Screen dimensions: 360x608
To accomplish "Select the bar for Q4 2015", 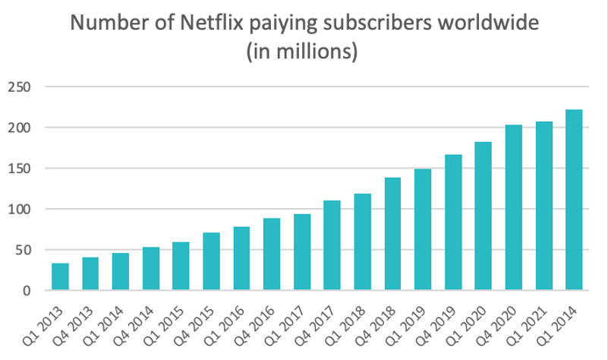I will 211,262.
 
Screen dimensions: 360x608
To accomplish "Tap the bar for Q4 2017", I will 332,245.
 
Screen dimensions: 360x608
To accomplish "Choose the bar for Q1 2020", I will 483,216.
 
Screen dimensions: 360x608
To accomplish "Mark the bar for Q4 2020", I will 513,208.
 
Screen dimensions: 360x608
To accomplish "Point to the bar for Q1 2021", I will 543,207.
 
